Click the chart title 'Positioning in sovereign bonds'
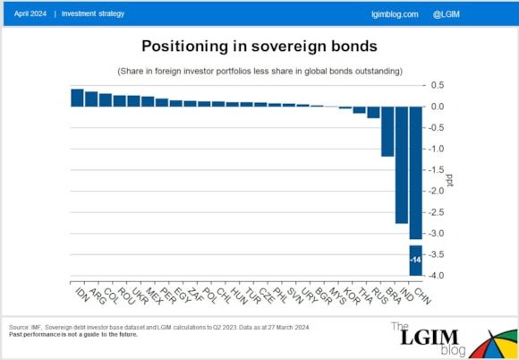[259, 45]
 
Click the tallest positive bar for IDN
[77, 98]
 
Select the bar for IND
[402, 164]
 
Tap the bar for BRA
[387, 131]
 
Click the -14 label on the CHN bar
[415, 260]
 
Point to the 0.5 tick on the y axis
[438, 86]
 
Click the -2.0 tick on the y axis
[438, 191]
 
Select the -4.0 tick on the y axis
[438, 275]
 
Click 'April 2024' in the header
[30, 14]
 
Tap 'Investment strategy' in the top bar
[93, 14]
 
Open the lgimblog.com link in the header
[394, 14]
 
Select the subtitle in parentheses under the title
[259, 70]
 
